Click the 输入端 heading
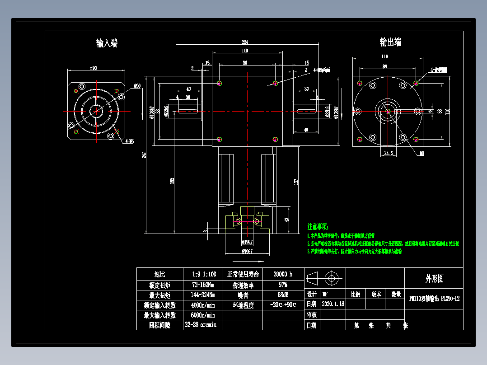[x=107, y=43]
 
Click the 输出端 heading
[x=390, y=42]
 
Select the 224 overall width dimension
[x=245, y=42]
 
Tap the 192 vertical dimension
[x=172, y=181]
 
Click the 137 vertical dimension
[x=296, y=181]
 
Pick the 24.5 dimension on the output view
[x=387, y=154]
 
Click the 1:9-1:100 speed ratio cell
[x=203, y=274]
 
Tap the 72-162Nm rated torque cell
[x=203, y=285]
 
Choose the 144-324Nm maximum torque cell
[x=203, y=295]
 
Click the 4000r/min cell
[x=203, y=305]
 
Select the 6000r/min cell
[x=203, y=315]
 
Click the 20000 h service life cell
[x=283, y=274]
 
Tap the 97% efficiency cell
[x=283, y=285]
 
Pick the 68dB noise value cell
[x=283, y=295]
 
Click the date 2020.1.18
[x=333, y=304]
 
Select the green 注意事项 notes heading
[x=318, y=226]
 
